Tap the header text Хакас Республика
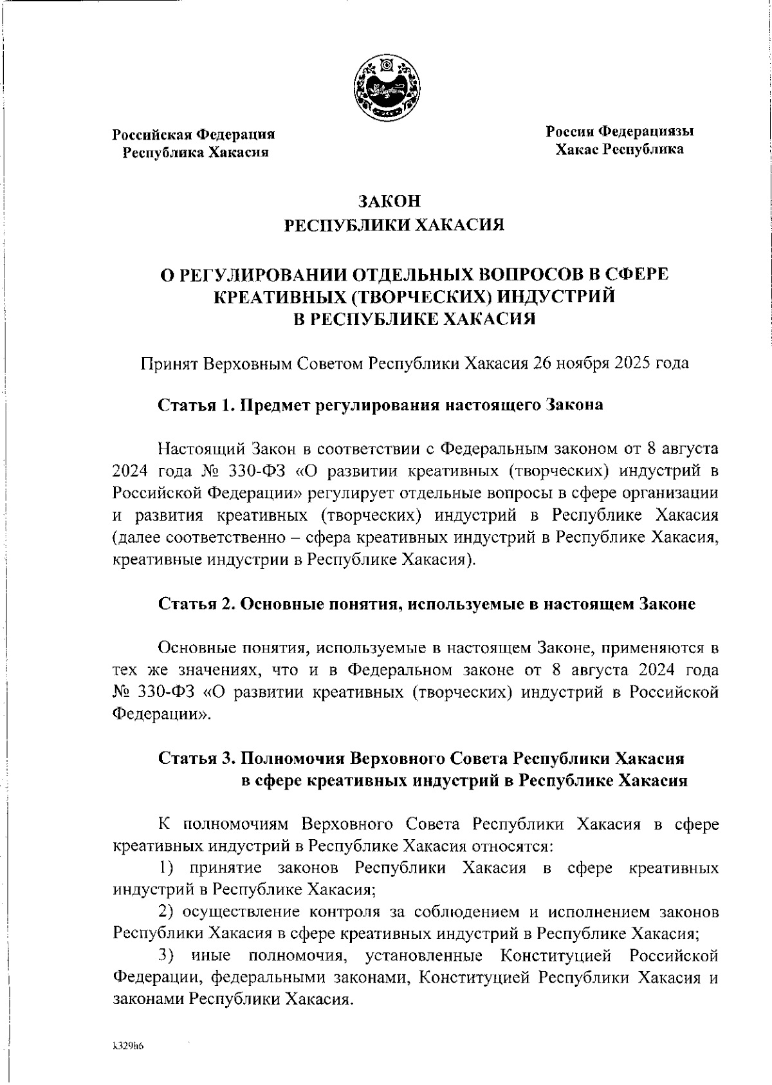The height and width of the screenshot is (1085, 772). (620, 149)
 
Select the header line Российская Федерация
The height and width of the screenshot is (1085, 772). (194, 134)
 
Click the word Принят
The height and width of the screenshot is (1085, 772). (169, 363)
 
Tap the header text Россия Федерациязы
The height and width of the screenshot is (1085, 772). (620, 132)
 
